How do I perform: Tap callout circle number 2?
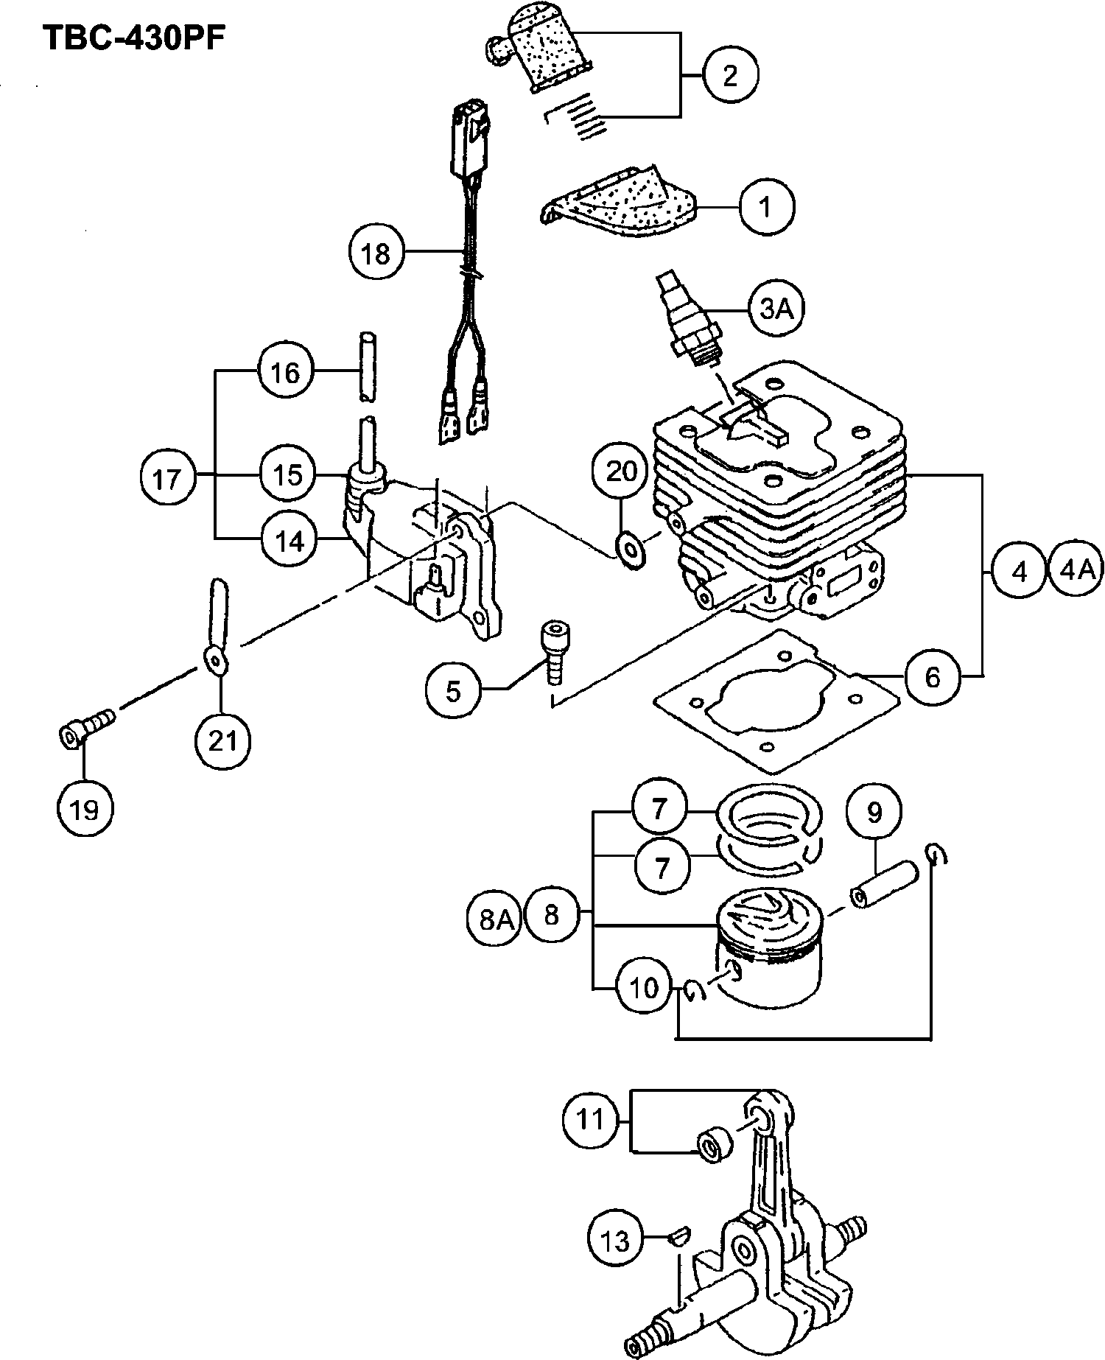pos(729,74)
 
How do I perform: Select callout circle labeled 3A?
pos(776,309)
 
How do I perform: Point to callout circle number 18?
pos(376,253)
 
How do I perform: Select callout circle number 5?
pos(453,690)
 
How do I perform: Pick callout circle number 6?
pos(933,676)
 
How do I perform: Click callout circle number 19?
pos(85,809)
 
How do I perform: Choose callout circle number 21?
pos(222,740)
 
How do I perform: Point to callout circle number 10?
pos(644,987)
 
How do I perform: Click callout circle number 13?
pos(616,1241)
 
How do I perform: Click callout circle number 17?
pos(166,479)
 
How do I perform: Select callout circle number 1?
pos(766,207)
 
